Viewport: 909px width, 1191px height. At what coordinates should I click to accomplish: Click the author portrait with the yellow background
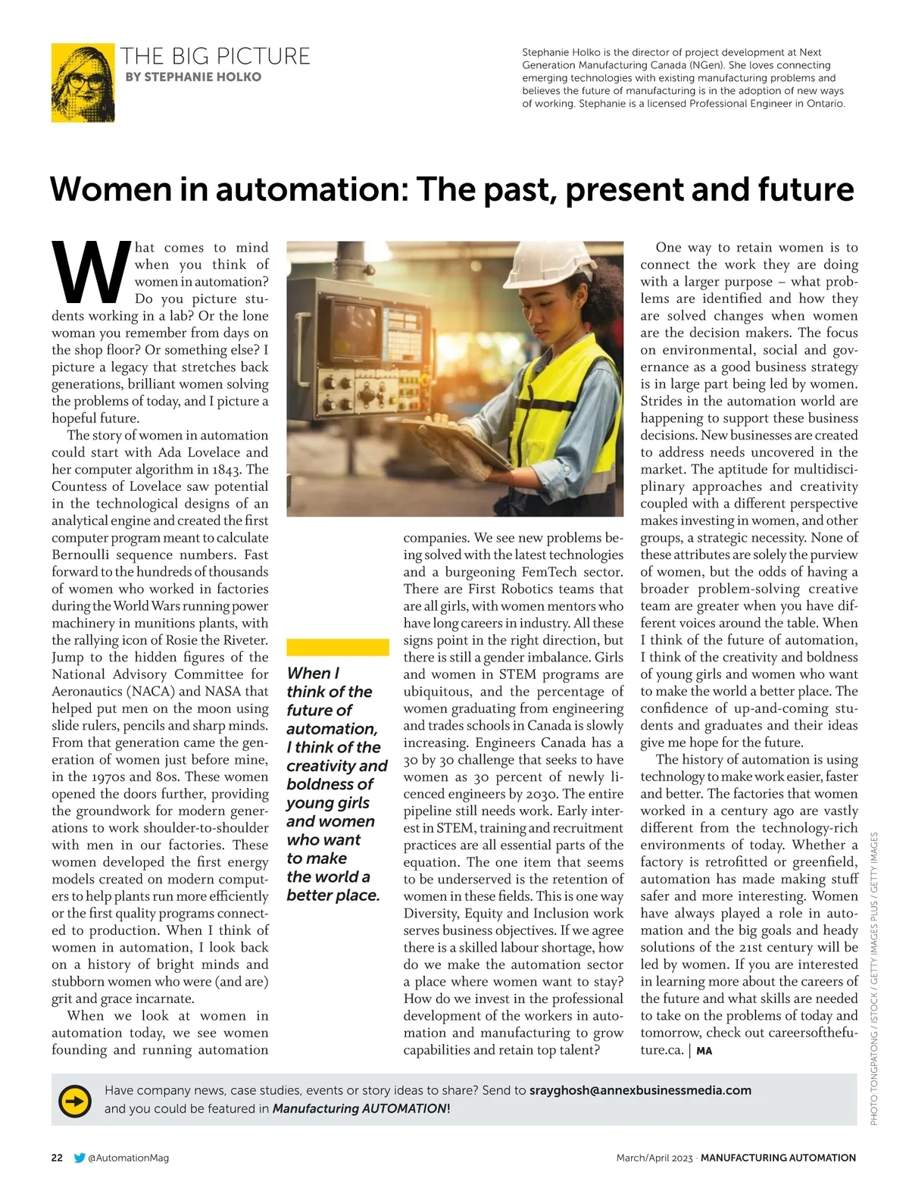pos(83,83)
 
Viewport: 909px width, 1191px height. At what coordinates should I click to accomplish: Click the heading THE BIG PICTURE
pos(216,56)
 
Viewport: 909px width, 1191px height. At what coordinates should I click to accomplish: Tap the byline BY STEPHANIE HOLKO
pos(193,77)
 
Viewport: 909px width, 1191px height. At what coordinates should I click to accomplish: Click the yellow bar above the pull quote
pos(337,646)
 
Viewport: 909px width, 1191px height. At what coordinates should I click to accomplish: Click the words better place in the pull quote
pos(333,896)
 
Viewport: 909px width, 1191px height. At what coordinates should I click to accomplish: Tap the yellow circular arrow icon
pos(75,1099)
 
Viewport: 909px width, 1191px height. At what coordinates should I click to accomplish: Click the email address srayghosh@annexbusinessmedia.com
pos(640,1090)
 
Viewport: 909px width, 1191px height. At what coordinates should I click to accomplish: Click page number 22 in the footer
pos(58,1158)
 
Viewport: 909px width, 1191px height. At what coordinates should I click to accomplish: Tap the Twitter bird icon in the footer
pos(80,1158)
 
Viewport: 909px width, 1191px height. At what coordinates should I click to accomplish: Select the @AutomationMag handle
pos(128,1158)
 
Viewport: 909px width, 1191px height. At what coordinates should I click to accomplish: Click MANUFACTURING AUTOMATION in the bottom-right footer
pos(778,1158)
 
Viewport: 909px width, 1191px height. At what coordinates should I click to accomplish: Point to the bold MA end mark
pos(704,1051)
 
